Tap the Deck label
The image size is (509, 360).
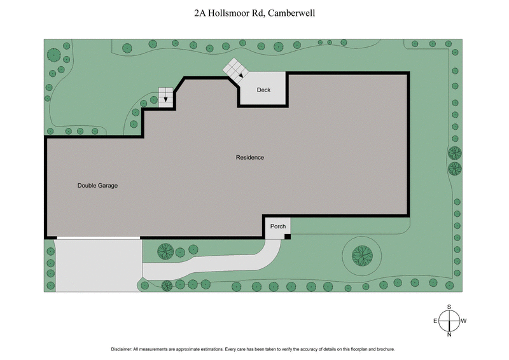pyautogui.click(x=263, y=90)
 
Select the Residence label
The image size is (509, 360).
pyautogui.click(x=249, y=157)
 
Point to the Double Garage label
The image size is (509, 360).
pyautogui.click(x=98, y=186)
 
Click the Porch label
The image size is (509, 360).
pyautogui.click(x=277, y=226)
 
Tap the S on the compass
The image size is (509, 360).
pyautogui.click(x=449, y=307)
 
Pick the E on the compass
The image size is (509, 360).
pyautogui.click(x=435, y=321)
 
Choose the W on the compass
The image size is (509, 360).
pyautogui.click(x=464, y=321)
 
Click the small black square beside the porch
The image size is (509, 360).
pyautogui.click(x=288, y=237)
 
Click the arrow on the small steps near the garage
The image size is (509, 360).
pyautogui.click(x=167, y=99)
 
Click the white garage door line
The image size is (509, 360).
pyautogui.click(x=98, y=237)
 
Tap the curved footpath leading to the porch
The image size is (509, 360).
pyautogui.click(x=210, y=267)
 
